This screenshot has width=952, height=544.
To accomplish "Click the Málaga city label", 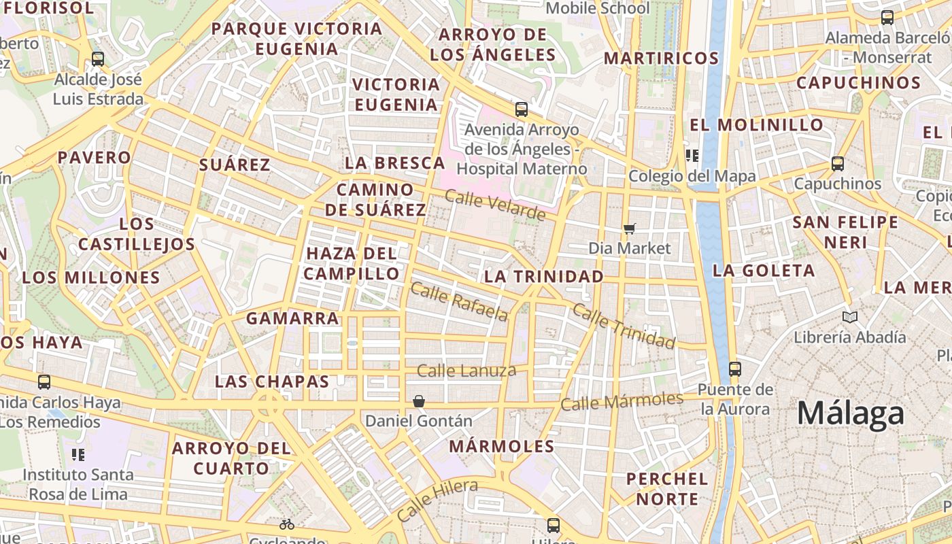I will pos(851,413).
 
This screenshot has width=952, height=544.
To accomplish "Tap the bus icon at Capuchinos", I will pos(838,164).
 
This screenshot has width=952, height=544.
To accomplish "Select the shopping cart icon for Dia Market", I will pos(630,229).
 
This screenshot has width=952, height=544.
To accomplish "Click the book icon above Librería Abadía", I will pos(850,317).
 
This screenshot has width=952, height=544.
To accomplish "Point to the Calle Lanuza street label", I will pos(466,371).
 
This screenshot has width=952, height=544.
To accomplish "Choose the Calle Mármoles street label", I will pos(622,401).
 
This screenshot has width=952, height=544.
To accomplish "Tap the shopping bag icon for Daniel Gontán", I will pos(419,402).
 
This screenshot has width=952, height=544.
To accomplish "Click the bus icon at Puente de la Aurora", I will pos(735,369).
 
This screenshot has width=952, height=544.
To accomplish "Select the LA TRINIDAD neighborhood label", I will pos(543,277).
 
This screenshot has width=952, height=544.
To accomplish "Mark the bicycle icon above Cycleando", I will pos(287,524).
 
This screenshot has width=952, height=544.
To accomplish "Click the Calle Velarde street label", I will pos(495,204).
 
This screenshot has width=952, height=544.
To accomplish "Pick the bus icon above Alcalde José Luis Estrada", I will pos(98,59).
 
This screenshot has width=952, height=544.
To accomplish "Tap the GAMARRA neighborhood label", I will pos(292,318).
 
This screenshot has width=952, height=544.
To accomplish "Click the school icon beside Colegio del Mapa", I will pos(692,156).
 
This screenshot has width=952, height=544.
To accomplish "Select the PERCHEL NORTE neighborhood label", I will pos(667,489).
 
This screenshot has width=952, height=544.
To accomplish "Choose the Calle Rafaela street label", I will pos(460,301).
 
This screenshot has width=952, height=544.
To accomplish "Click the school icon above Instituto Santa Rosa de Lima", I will pos(78,454).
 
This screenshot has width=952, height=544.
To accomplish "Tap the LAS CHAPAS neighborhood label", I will pos(272,381).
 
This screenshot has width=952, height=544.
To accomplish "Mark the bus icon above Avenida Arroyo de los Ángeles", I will pos(522,109).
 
